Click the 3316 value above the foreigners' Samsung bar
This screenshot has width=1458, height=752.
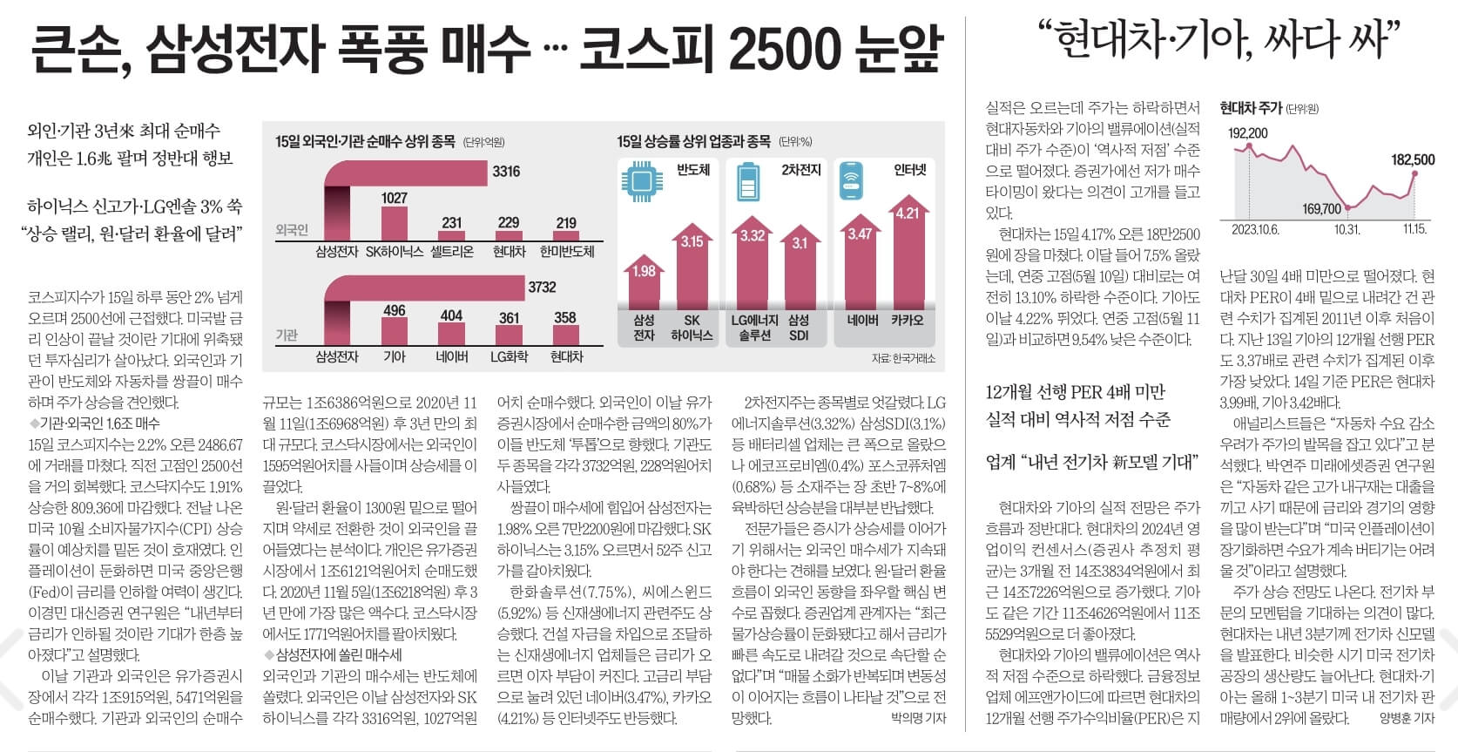point(506,171)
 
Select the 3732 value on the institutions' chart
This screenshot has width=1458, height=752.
point(542,287)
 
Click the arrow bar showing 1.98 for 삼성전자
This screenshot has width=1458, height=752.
point(644,283)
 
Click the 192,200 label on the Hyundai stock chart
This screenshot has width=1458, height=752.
point(1248,133)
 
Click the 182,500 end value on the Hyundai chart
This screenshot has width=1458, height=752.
point(1413,159)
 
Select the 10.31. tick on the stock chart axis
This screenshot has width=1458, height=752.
point(1347,229)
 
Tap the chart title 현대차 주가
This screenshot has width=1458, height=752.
point(1251,108)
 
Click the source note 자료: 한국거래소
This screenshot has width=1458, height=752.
point(903,359)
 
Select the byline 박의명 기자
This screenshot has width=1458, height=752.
point(918,718)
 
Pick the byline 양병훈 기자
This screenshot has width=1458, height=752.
point(1406,718)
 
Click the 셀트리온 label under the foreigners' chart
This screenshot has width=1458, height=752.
point(452,251)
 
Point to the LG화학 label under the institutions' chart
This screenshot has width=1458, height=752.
point(510,356)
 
